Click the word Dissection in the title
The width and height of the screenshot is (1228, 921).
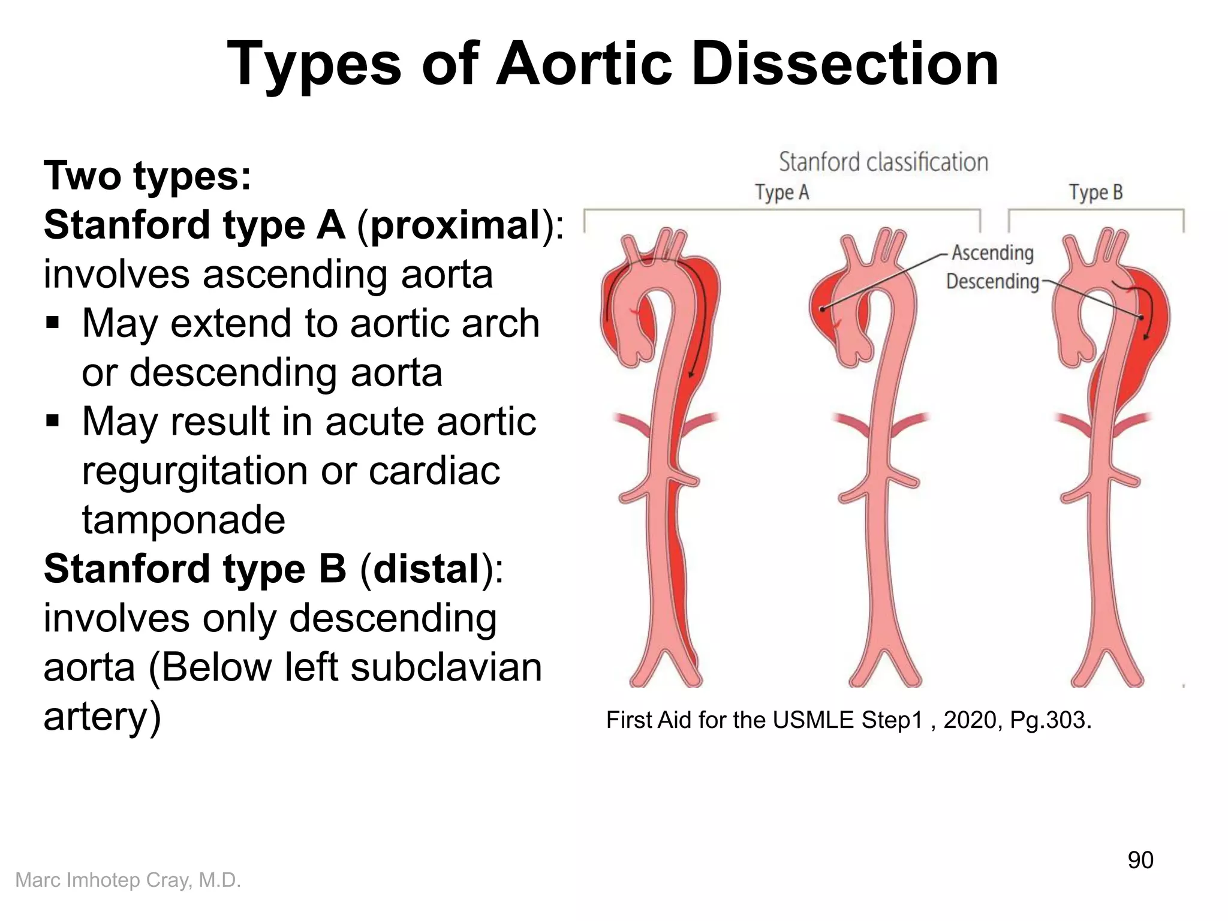coord(845,64)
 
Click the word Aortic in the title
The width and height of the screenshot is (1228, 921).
coord(585,64)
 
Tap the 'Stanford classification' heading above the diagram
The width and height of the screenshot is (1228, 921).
coord(883,162)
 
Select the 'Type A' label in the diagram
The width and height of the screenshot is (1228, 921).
coord(782,192)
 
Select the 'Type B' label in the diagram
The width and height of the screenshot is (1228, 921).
coord(1095,192)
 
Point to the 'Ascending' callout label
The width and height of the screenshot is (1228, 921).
coord(992,252)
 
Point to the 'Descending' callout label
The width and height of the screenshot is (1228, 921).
coord(992,281)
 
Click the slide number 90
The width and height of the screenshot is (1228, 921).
coord(1140,860)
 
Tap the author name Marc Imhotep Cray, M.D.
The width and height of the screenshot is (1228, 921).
coord(128,880)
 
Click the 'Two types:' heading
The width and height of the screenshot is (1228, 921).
coord(148,176)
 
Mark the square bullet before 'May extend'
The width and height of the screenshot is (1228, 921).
coord(53,324)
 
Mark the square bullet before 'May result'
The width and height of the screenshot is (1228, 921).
coord(53,422)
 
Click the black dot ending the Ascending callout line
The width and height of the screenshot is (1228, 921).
coord(823,309)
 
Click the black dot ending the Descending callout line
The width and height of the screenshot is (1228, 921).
coord(1141,318)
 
